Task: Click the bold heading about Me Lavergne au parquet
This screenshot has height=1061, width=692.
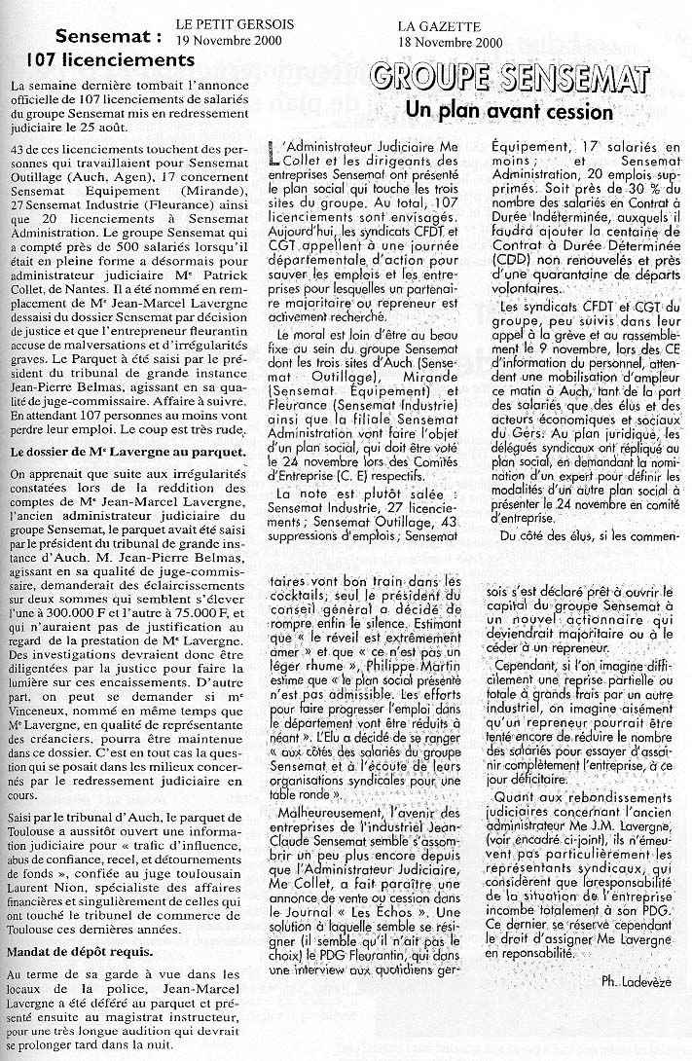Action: tap(127, 453)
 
